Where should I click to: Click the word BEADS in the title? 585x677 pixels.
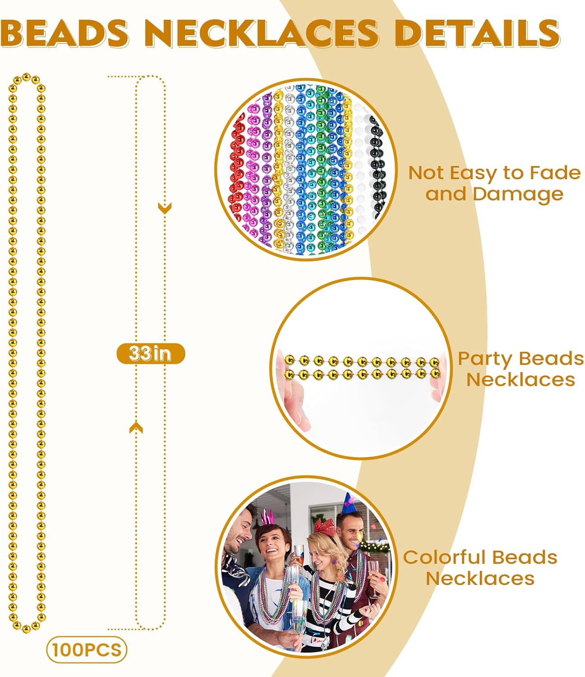click(65, 33)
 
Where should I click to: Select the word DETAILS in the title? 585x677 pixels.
click(477, 33)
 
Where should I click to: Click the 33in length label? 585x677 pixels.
click(151, 353)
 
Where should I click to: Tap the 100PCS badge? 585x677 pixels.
click(87, 649)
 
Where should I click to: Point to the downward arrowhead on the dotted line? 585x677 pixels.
click(164, 208)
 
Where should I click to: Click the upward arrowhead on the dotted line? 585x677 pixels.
click(136, 428)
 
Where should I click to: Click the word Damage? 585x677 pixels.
click(518, 194)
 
